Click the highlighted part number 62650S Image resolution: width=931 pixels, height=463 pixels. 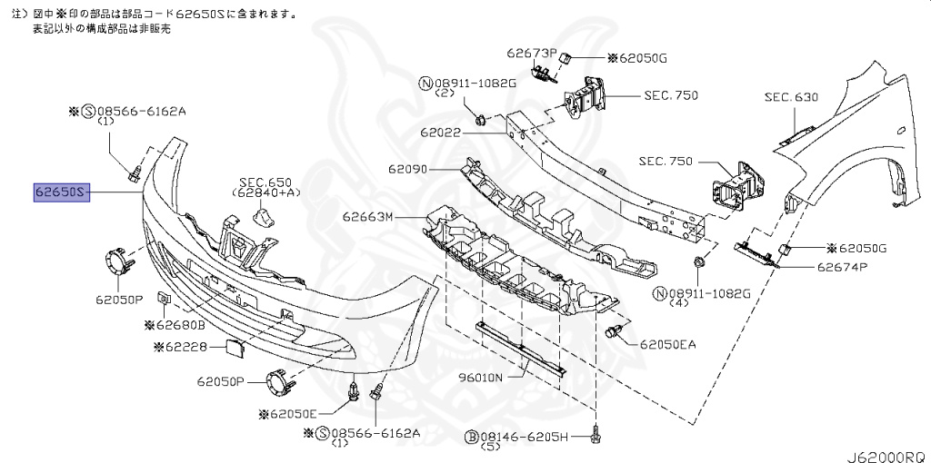click(x=61, y=192)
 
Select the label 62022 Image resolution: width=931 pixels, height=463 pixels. click(x=441, y=133)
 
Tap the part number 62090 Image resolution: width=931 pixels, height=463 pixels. click(x=409, y=169)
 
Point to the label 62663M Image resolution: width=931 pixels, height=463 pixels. click(x=368, y=217)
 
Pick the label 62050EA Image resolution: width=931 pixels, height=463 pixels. click(x=668, y=344)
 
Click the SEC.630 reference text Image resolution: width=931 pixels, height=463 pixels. click(x=791, y=96)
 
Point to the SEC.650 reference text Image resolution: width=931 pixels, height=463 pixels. click(x=259, y=182)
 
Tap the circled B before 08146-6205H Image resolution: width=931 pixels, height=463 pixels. click(x=472, y=438)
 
